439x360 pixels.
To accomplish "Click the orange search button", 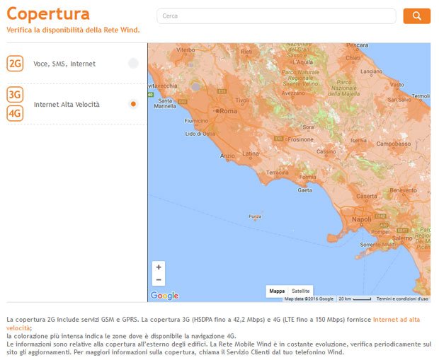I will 416,16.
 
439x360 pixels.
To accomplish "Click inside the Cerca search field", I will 276,16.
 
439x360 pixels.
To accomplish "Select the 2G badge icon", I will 15,64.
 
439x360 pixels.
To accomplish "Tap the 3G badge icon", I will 15,95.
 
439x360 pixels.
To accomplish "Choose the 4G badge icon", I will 15,113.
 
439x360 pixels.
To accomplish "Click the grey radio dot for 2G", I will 133,64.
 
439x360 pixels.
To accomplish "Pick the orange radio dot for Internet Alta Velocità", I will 133,104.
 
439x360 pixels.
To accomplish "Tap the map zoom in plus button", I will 159,267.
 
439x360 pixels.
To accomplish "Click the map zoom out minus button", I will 159,280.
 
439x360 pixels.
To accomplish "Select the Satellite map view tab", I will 301,291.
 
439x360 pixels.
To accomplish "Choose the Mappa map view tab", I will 277,291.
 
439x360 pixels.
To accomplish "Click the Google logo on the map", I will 164,296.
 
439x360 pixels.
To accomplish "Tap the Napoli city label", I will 361,220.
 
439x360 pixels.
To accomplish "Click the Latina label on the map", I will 251,153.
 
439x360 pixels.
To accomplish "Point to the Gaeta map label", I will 304,190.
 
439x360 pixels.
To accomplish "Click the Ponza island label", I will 255,216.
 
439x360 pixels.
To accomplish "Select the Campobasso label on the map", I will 393,144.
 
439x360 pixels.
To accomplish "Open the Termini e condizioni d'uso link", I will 402,299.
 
